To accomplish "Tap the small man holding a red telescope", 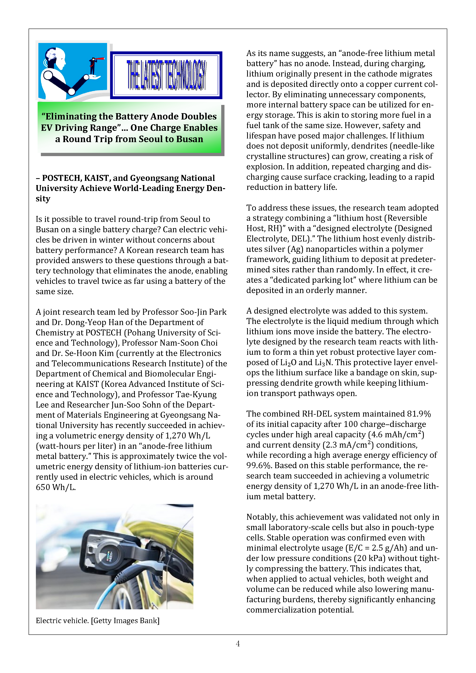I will (x=93, y=66).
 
